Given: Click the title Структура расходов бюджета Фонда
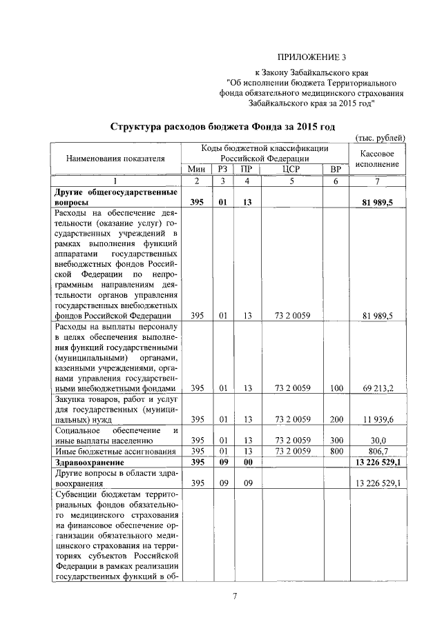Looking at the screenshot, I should coord(223,128).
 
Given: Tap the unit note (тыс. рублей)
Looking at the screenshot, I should coord(378,139).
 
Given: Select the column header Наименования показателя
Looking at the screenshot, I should coord(115,158).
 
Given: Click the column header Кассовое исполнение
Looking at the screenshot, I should coord(378,158).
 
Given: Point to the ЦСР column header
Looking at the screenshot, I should coord(290,169).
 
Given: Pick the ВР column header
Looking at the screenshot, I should coord(336,169).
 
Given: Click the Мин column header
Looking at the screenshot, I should coord(197,169).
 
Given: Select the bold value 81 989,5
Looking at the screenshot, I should coord(377,202).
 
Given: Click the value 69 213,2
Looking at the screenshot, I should coord(377,388).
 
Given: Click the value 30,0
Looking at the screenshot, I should coord(377,439).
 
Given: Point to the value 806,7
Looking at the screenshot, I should coord(377,450).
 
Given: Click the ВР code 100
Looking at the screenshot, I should coord(336,388).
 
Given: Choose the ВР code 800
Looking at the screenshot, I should coord(336,450).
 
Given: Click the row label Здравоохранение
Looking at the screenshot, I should coord(89,461).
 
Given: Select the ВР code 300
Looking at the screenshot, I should coord(336,439).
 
